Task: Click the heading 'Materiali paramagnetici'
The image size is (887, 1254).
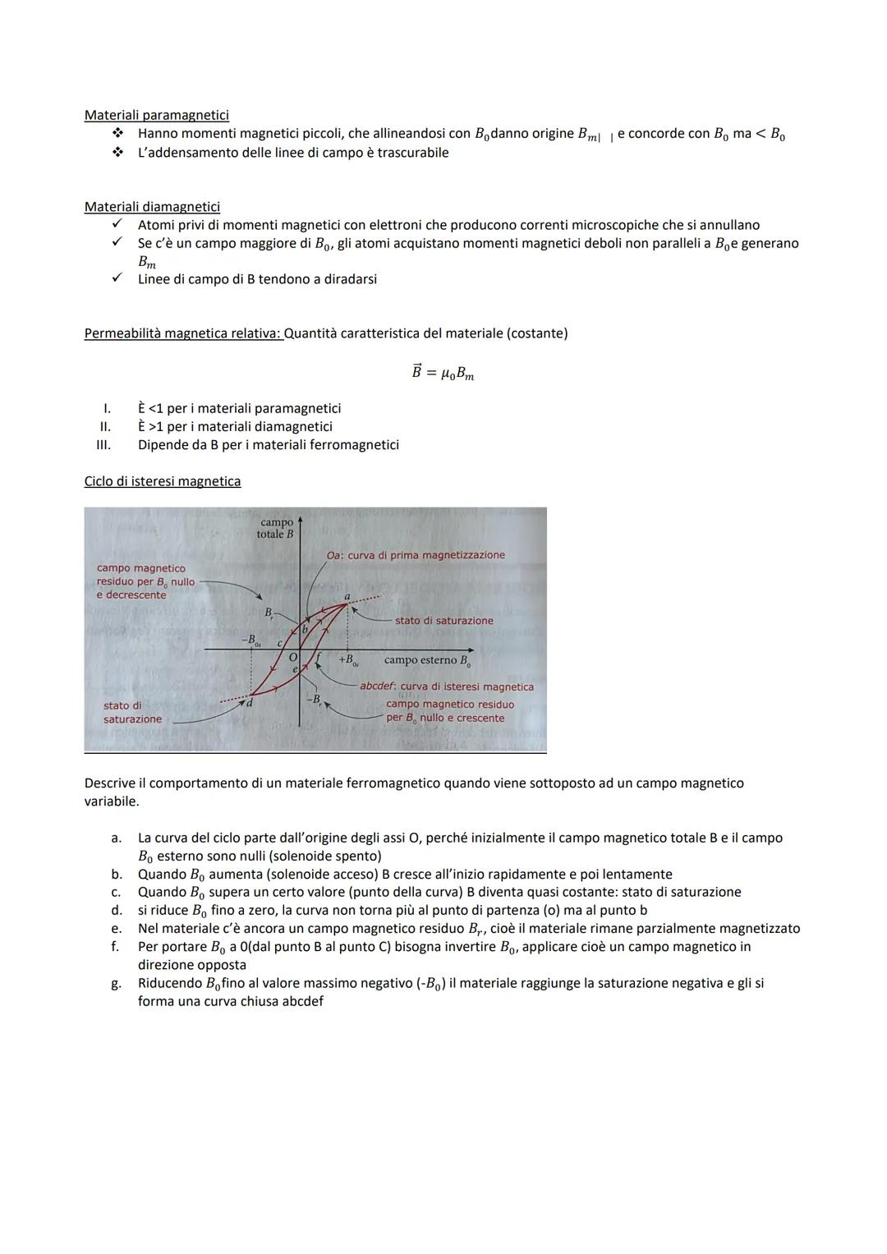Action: click(156, 115)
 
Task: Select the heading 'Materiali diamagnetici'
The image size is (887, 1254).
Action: click(152, 207)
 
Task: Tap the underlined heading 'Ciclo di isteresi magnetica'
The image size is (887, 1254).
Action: click(163, 481)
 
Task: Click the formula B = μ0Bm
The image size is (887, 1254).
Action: click(443, 373)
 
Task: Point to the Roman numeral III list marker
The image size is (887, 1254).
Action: click(103, 445)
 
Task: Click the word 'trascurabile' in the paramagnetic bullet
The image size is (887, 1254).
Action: click(412, 153)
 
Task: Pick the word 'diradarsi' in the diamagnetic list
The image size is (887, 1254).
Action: click(348, 279)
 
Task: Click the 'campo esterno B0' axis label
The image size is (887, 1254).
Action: click(426, 660)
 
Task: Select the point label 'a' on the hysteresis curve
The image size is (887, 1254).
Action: click(347, 596)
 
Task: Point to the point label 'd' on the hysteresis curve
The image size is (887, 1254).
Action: click(250, 703)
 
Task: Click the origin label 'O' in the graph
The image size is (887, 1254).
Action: click(292, 657)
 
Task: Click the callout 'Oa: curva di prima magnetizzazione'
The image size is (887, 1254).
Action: click(416, 555)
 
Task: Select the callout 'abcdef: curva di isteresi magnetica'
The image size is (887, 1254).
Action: click(447, 687)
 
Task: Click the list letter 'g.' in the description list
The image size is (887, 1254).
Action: click(116, 983)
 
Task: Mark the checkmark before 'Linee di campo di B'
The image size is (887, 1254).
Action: click(117, 278)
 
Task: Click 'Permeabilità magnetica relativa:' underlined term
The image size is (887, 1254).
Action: click(183, 333)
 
